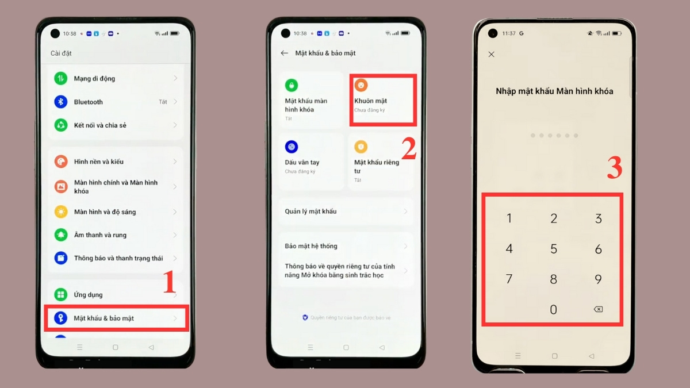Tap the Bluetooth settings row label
click(88, 102)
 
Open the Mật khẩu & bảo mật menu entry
click(103, 318)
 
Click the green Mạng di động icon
click(61, 78)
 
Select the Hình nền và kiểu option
click(98, 162)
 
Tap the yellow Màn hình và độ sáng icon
click(61, 212)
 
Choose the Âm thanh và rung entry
click(100, 235)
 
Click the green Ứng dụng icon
click(61, 294)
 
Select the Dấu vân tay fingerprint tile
click(310, 161)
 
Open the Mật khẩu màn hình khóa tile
click(310, 101)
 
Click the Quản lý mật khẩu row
click(345, 212)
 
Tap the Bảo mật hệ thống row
click(345, 246)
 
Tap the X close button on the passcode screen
click(491, 54)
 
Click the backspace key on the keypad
click(598, 309)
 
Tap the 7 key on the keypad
click(509, 279)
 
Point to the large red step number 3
click(615, 168)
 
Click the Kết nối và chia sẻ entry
click(100, 125)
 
